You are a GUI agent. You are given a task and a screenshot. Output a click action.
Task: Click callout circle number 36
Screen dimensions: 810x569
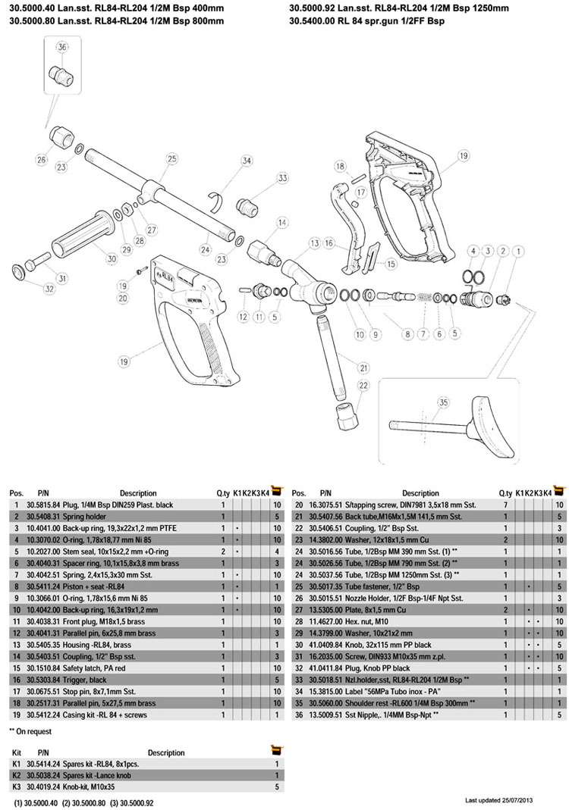pyautogui.click(x=62, y=47)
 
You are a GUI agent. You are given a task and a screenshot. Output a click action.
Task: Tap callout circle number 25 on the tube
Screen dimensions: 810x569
pyautogui.click(x=171, y=158)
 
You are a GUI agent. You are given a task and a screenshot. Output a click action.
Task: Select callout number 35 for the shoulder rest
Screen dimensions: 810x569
pyautogui.click(x=442, y=402)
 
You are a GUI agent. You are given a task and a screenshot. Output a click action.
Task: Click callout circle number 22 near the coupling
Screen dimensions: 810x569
pyautogui.click(x=363, y=386)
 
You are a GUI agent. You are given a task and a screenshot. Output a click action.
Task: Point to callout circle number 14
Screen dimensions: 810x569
pyautogui.click(x=281, y=223)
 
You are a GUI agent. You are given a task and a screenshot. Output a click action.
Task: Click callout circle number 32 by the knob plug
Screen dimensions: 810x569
pyautogui.click(x=28, y=288)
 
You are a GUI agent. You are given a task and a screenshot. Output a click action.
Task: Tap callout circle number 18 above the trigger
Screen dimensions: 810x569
pyautogui.click(x=341, y=166)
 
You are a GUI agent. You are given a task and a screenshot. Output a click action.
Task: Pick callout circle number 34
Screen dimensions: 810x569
pyautogui.click(x=247, y=161)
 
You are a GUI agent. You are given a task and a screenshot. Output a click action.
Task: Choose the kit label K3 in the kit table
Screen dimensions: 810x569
pyautogui.click(x=17, y=786)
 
